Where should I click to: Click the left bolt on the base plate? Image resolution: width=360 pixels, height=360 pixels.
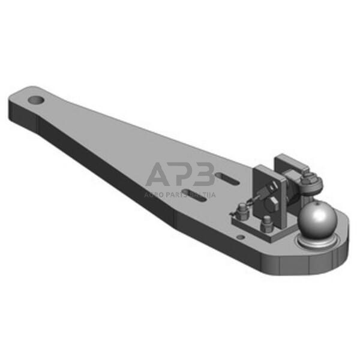click(241, 211)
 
